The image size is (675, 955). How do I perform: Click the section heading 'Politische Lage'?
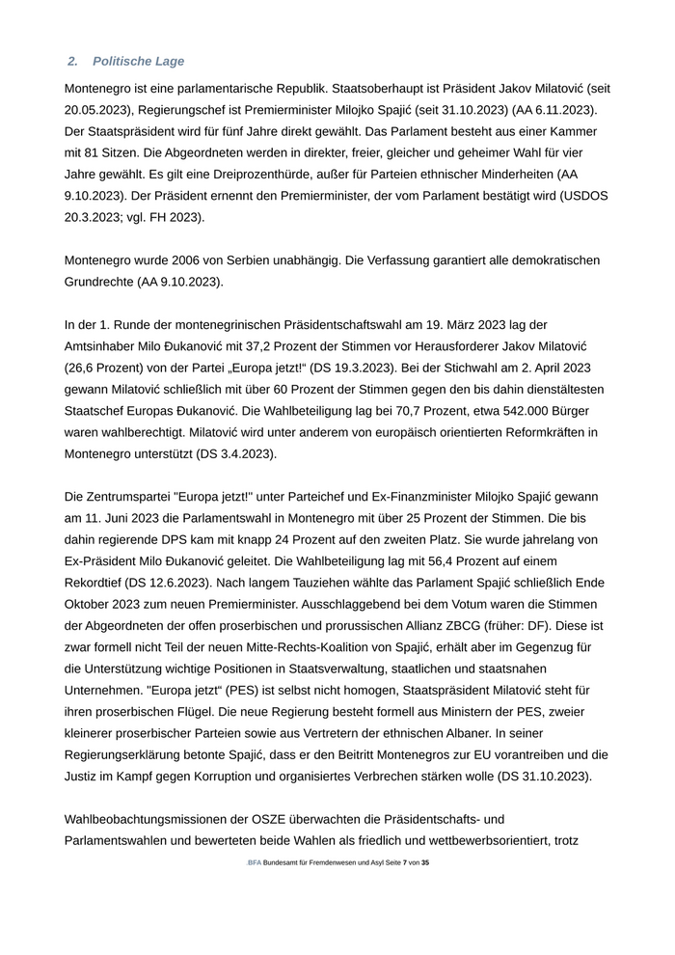138,62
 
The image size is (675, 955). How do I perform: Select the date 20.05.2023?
101,109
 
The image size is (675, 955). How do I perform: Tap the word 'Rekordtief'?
96,584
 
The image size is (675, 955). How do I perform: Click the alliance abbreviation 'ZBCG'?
435,627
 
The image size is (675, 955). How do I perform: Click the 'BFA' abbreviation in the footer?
254,862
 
